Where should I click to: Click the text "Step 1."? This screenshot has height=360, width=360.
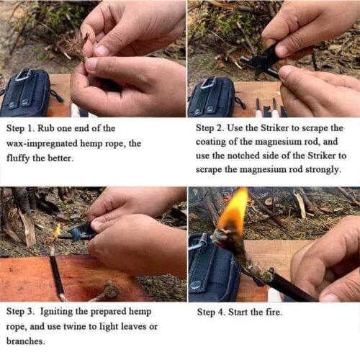pyautogui.click(x=24, y=128)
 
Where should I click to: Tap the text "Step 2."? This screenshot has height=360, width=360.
pyautogui.click(x=214, y=128)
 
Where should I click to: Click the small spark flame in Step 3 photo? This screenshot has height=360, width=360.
pyautogui.click(x=57, y=230)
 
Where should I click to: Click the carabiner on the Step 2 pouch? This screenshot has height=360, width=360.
pyautogui.click(x=209, y=82)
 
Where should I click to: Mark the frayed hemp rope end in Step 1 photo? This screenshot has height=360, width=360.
pyautogui.click(x=75, y=45)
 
